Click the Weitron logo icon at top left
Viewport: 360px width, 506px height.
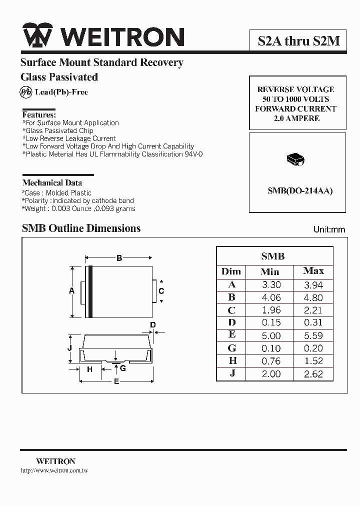point(38,36)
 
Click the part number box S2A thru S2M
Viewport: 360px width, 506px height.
point(298,40)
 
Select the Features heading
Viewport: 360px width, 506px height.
point(39,114)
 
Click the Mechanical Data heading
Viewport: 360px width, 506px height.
point(52,182)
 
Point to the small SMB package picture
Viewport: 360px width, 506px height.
point(295,159)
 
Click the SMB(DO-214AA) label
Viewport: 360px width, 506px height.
point(299,190)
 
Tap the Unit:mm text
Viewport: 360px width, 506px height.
point(329,229)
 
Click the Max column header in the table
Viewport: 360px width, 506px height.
point(313,271)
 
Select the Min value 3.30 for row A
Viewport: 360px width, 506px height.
point(271,284)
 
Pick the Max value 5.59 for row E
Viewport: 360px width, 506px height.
point(313,335)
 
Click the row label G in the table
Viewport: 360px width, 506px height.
point(231,348)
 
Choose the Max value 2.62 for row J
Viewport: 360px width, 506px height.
point(313,373)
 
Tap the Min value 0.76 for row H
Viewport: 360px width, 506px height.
point(271,361)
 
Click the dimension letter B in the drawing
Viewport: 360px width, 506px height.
point(119,258)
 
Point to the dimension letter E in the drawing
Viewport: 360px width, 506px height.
point(116,382)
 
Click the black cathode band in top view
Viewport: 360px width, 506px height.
point(90,291)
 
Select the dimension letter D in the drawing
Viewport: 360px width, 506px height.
point(153,325)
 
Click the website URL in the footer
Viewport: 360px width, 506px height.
point(54,471)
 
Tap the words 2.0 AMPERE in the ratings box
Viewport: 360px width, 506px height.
point(296,118)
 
